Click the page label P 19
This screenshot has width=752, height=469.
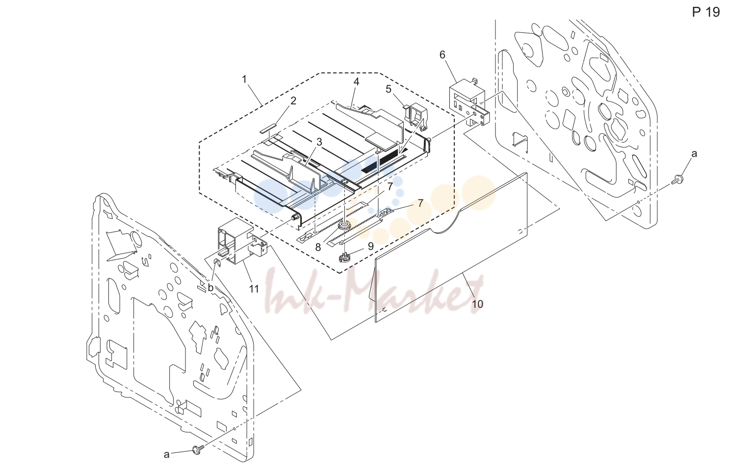[x=706, y=12]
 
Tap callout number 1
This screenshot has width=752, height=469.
[x=244, y=79]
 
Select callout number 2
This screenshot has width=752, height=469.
[x=293, y=101]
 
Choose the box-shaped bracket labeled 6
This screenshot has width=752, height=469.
[x=468, y=100]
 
